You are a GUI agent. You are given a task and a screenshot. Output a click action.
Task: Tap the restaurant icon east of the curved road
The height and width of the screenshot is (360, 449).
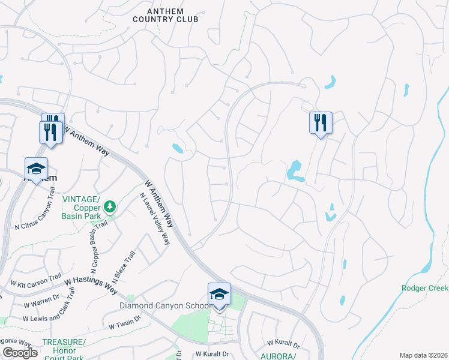pyautogui.click(x=320, y=123)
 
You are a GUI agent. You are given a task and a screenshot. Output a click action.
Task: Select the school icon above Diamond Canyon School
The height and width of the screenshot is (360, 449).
pyautogui.click(x=219, y=294)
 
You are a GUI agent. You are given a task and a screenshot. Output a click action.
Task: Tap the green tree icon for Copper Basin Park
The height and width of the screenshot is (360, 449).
pyautogui.click(x=109, y=207)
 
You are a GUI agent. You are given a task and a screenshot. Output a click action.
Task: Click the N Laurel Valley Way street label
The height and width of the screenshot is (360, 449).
pyautogui.click(x=155, y=218)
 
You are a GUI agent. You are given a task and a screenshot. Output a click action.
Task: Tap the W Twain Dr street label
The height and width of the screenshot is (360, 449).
pyautogui.click(x=124, y=325)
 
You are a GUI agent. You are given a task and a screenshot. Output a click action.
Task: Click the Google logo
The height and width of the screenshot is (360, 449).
pyautogui.click(x=20, y=353)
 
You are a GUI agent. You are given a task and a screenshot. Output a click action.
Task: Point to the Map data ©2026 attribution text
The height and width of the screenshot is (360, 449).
pyautogui.click(x=423, y=355)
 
